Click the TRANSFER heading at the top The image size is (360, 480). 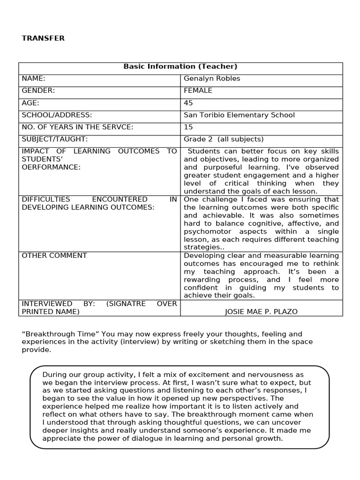click(43, 38)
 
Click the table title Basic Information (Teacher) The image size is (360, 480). click(180, 67)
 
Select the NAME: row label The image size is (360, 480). click(33, 79)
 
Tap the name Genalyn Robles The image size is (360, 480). click(211, 79)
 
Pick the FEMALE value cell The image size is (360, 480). click(198, 90)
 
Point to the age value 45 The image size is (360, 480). click(188, 103)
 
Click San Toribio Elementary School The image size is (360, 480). click(239, 115)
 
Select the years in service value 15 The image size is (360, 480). click(188, 127)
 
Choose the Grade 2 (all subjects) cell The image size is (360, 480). click(224, 139)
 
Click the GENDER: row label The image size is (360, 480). click(38, 90)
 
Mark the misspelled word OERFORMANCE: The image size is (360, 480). click(51, 167)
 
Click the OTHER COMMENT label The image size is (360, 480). click(54, 255)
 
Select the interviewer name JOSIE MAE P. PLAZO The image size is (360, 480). click(261, 312)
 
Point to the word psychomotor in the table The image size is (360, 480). click(205, 232)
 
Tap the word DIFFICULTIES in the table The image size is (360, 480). click(46, 199)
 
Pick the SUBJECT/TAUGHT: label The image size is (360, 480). click(55, 139)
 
